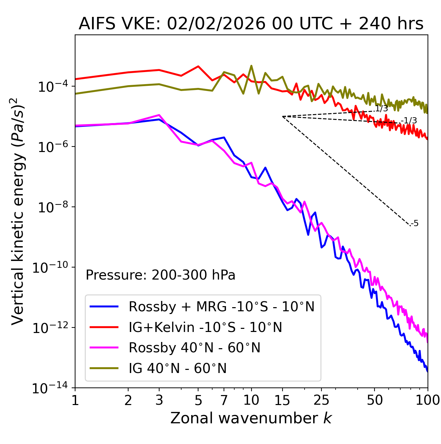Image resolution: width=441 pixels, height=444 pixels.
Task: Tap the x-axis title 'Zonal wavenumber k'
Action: (x=251, y=418)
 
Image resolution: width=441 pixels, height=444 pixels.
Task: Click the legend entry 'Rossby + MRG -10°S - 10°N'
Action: (x=222, y=306)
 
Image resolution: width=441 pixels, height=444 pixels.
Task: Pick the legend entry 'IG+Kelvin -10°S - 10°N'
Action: (x=205, y=327)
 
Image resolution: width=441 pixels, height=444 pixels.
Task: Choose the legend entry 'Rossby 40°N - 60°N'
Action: (x=194, y=348)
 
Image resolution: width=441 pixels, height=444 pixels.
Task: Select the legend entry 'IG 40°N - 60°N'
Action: (x=177, y=369)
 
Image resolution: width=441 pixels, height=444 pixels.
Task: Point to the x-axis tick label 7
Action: (x=224, y=400)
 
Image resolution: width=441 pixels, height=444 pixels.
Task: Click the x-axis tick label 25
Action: (x=321, y=400)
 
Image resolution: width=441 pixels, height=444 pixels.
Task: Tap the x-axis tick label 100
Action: (x=428, y=400)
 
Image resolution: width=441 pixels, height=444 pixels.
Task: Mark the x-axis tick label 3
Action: (x=159, y=400)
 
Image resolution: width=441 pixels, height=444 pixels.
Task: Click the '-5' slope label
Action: (x=415, y=224)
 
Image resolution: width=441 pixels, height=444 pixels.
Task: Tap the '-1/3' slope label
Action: (x=410, y=121)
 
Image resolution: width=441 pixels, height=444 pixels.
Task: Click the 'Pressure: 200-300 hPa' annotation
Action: (x=161, y=275)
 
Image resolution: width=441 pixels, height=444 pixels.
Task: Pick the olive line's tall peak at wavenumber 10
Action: (x=251, y=65)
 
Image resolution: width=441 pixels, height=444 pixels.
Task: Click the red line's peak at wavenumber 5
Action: (x=198, y=66)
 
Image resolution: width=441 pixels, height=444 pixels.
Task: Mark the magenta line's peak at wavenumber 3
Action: (x=159, y=115)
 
